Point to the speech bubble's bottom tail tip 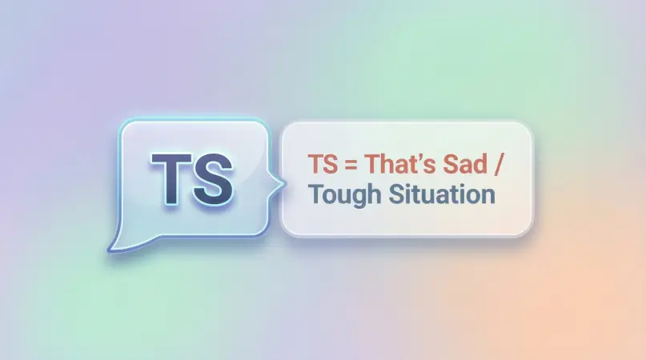tap(110, 249)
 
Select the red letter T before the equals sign tap(315, 165)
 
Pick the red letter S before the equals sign tap(330, 165)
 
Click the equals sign tap(351, 166)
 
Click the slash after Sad tap(502, 166)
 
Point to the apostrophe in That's tap(418, 157)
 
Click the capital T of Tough tap(315, 194)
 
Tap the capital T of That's tap(371, 165)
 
